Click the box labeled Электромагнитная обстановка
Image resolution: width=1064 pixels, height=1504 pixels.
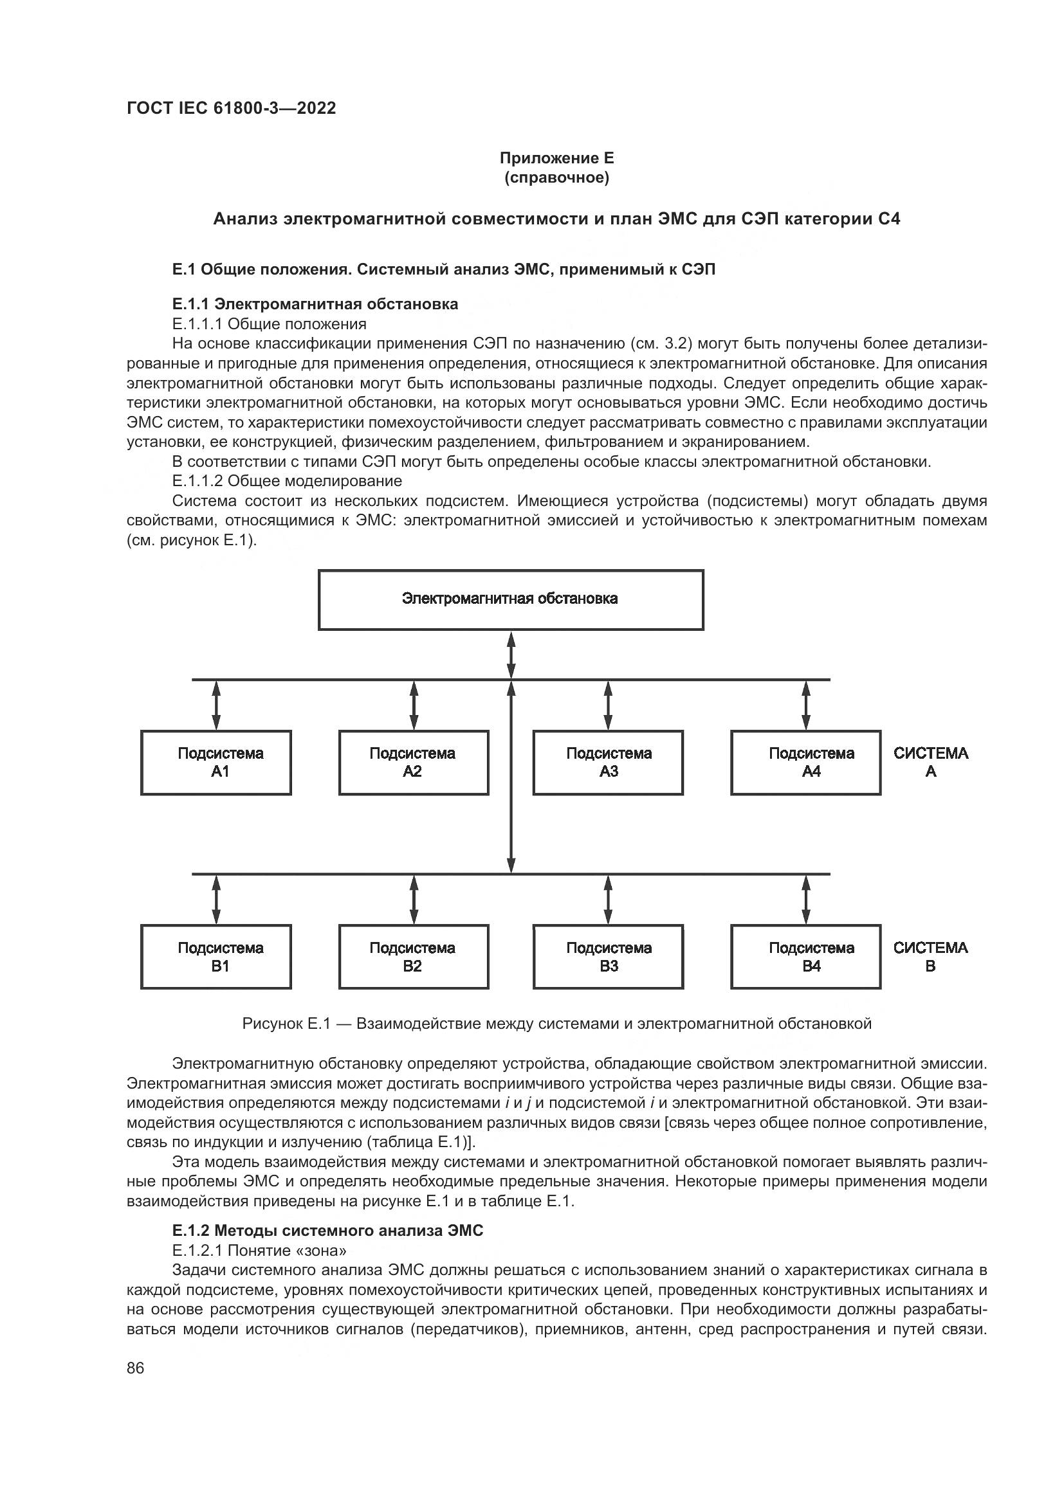510,599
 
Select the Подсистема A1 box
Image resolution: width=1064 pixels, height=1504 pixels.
216,763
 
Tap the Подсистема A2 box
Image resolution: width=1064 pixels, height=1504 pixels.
414,763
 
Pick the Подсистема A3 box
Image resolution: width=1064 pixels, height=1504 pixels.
608,763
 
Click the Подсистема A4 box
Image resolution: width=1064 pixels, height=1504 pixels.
806,763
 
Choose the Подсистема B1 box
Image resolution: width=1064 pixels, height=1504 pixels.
216,956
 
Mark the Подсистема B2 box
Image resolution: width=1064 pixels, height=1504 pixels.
414,956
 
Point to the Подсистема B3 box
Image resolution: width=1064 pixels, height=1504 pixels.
608,956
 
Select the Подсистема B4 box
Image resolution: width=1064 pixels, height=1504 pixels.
806,956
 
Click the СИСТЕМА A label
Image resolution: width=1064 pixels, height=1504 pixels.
930,762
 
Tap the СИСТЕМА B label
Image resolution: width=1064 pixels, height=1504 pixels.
930,956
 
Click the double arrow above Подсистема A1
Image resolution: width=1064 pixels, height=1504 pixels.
217,705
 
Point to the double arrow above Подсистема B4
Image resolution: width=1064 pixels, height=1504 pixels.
806,900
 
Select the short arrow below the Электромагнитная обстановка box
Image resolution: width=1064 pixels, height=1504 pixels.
511,655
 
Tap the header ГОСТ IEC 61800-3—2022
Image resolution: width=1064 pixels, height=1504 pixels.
232,108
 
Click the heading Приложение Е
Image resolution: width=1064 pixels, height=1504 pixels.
556,158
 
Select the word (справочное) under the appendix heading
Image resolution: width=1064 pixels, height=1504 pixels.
556,177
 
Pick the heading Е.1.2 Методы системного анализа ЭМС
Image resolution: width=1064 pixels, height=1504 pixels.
327,1230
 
